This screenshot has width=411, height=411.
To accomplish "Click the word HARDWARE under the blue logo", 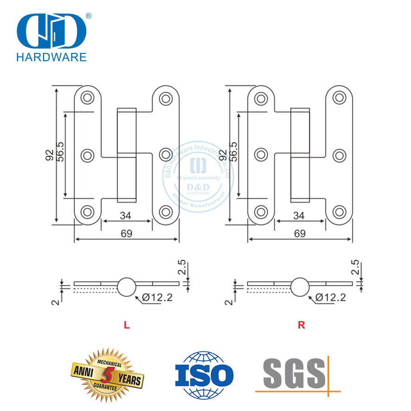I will coord(51,58).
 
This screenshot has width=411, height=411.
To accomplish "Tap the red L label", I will coord(126,325).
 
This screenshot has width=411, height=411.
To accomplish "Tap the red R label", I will coord(301,325).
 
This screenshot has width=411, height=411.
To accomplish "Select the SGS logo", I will coord(297,374).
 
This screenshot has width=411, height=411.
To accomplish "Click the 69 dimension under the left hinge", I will coord(126,234).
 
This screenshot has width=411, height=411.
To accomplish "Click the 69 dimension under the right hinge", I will coord(300,234).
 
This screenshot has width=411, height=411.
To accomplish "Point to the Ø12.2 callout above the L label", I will coord(157,298).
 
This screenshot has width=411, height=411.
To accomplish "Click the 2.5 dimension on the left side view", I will coord(182,268).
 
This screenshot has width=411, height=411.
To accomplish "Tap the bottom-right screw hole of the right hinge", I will coord(339,212).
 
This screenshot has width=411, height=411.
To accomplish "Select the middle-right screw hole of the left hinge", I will coord(165,154).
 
